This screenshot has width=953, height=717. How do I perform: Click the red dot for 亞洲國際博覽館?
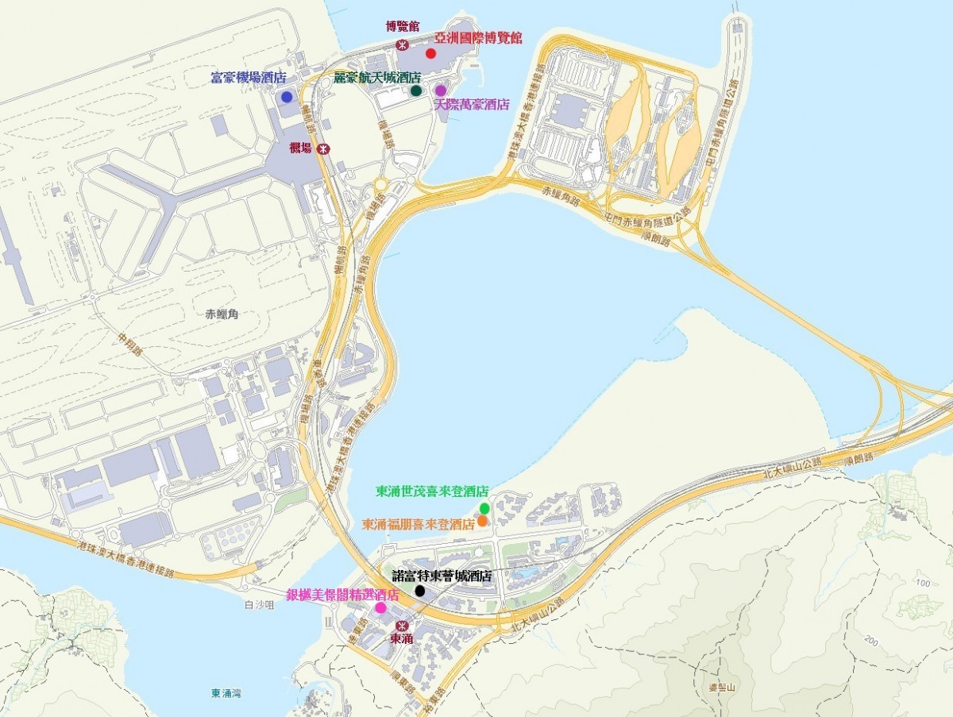[x=430, y=53]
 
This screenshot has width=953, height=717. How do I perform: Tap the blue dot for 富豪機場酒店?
[x=287, y=97]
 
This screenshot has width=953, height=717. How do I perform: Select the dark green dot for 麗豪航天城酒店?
[x=416, y=91]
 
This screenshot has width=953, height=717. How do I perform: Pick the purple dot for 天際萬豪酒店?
[x=441, y=91]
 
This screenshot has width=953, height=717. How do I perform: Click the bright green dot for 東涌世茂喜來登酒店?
[x=484, y=508]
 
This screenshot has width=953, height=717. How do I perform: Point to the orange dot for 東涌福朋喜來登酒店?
[x=482, y=521]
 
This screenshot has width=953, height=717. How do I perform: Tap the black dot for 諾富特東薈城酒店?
[x=420, y=591]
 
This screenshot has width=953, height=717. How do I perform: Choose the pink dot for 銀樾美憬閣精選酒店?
[x=380, y=607]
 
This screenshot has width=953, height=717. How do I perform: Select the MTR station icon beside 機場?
[x=322, y=148]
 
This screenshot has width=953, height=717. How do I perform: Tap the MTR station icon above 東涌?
[x=401, y=625]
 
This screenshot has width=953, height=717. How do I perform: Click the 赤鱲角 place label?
[x=222, y=314]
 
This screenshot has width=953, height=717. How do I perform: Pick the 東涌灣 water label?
[x=226, y=693]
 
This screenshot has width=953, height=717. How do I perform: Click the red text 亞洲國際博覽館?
[x=478, y=37]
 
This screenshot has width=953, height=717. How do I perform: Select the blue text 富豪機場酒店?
[x=248, y=78]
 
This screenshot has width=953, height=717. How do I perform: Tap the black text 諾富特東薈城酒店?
[x=442, y=576]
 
